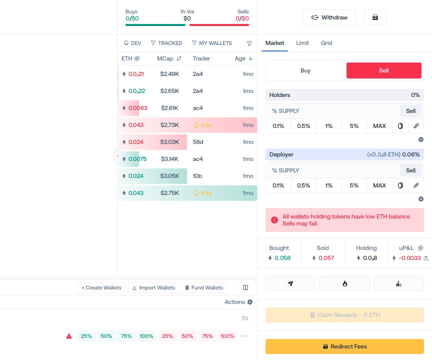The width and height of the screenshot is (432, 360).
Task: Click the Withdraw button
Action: tap(329, 17)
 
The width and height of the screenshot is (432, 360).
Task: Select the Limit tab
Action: tap(302, 43)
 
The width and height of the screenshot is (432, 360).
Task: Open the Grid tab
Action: tap(326, 43)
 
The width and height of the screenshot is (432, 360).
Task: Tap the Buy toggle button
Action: tap(305, 70)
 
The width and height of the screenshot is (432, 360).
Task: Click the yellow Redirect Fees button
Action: tap(344, 346)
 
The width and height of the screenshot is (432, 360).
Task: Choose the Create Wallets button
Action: tap(101, 288)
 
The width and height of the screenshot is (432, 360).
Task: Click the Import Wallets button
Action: tap(153, 288)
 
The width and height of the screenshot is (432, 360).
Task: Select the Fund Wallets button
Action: tap(204, 288)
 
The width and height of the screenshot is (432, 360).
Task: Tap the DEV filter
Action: tap(132, 43)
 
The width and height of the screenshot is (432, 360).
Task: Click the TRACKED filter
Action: tap(166, 43)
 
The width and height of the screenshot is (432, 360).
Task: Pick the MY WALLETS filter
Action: tap(212, 43)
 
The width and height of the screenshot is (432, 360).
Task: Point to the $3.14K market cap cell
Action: tap(169, 159)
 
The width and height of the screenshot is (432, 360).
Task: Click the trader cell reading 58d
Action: tap(198, 142)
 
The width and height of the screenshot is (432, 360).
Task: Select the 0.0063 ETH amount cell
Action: tap(138, 108)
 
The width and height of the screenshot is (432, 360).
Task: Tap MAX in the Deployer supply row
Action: tap(379, 185)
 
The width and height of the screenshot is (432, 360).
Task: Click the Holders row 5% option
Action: tap(354, 126)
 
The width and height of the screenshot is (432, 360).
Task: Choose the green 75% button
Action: tap(126, 336)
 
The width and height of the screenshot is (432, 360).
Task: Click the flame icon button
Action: tap(344, 283)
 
